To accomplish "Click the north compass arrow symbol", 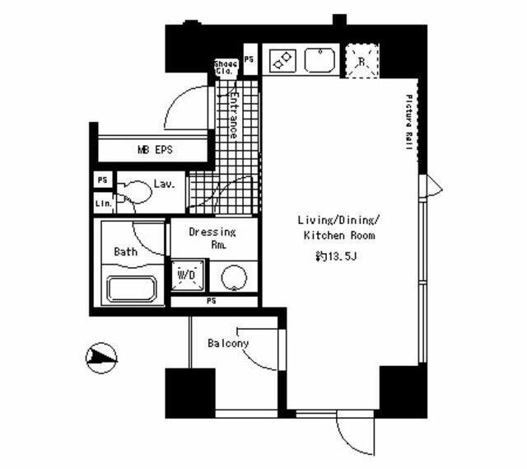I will click(x=101, y=357).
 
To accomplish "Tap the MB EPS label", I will click(x=155, y=151).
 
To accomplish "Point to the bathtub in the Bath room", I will click(x=133, y=290).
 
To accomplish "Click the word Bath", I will click(x=126, y=252).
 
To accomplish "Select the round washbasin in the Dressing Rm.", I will click(x=234, y=276).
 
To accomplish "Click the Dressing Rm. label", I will click(x=212, y=238).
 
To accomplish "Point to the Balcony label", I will click(x=228, y=343).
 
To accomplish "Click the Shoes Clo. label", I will click(x=226, y=68).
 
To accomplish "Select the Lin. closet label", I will click(x=103, y=203).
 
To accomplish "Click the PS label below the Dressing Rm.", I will click(x=212, y=301).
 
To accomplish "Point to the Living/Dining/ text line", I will click(x=337, y=220).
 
